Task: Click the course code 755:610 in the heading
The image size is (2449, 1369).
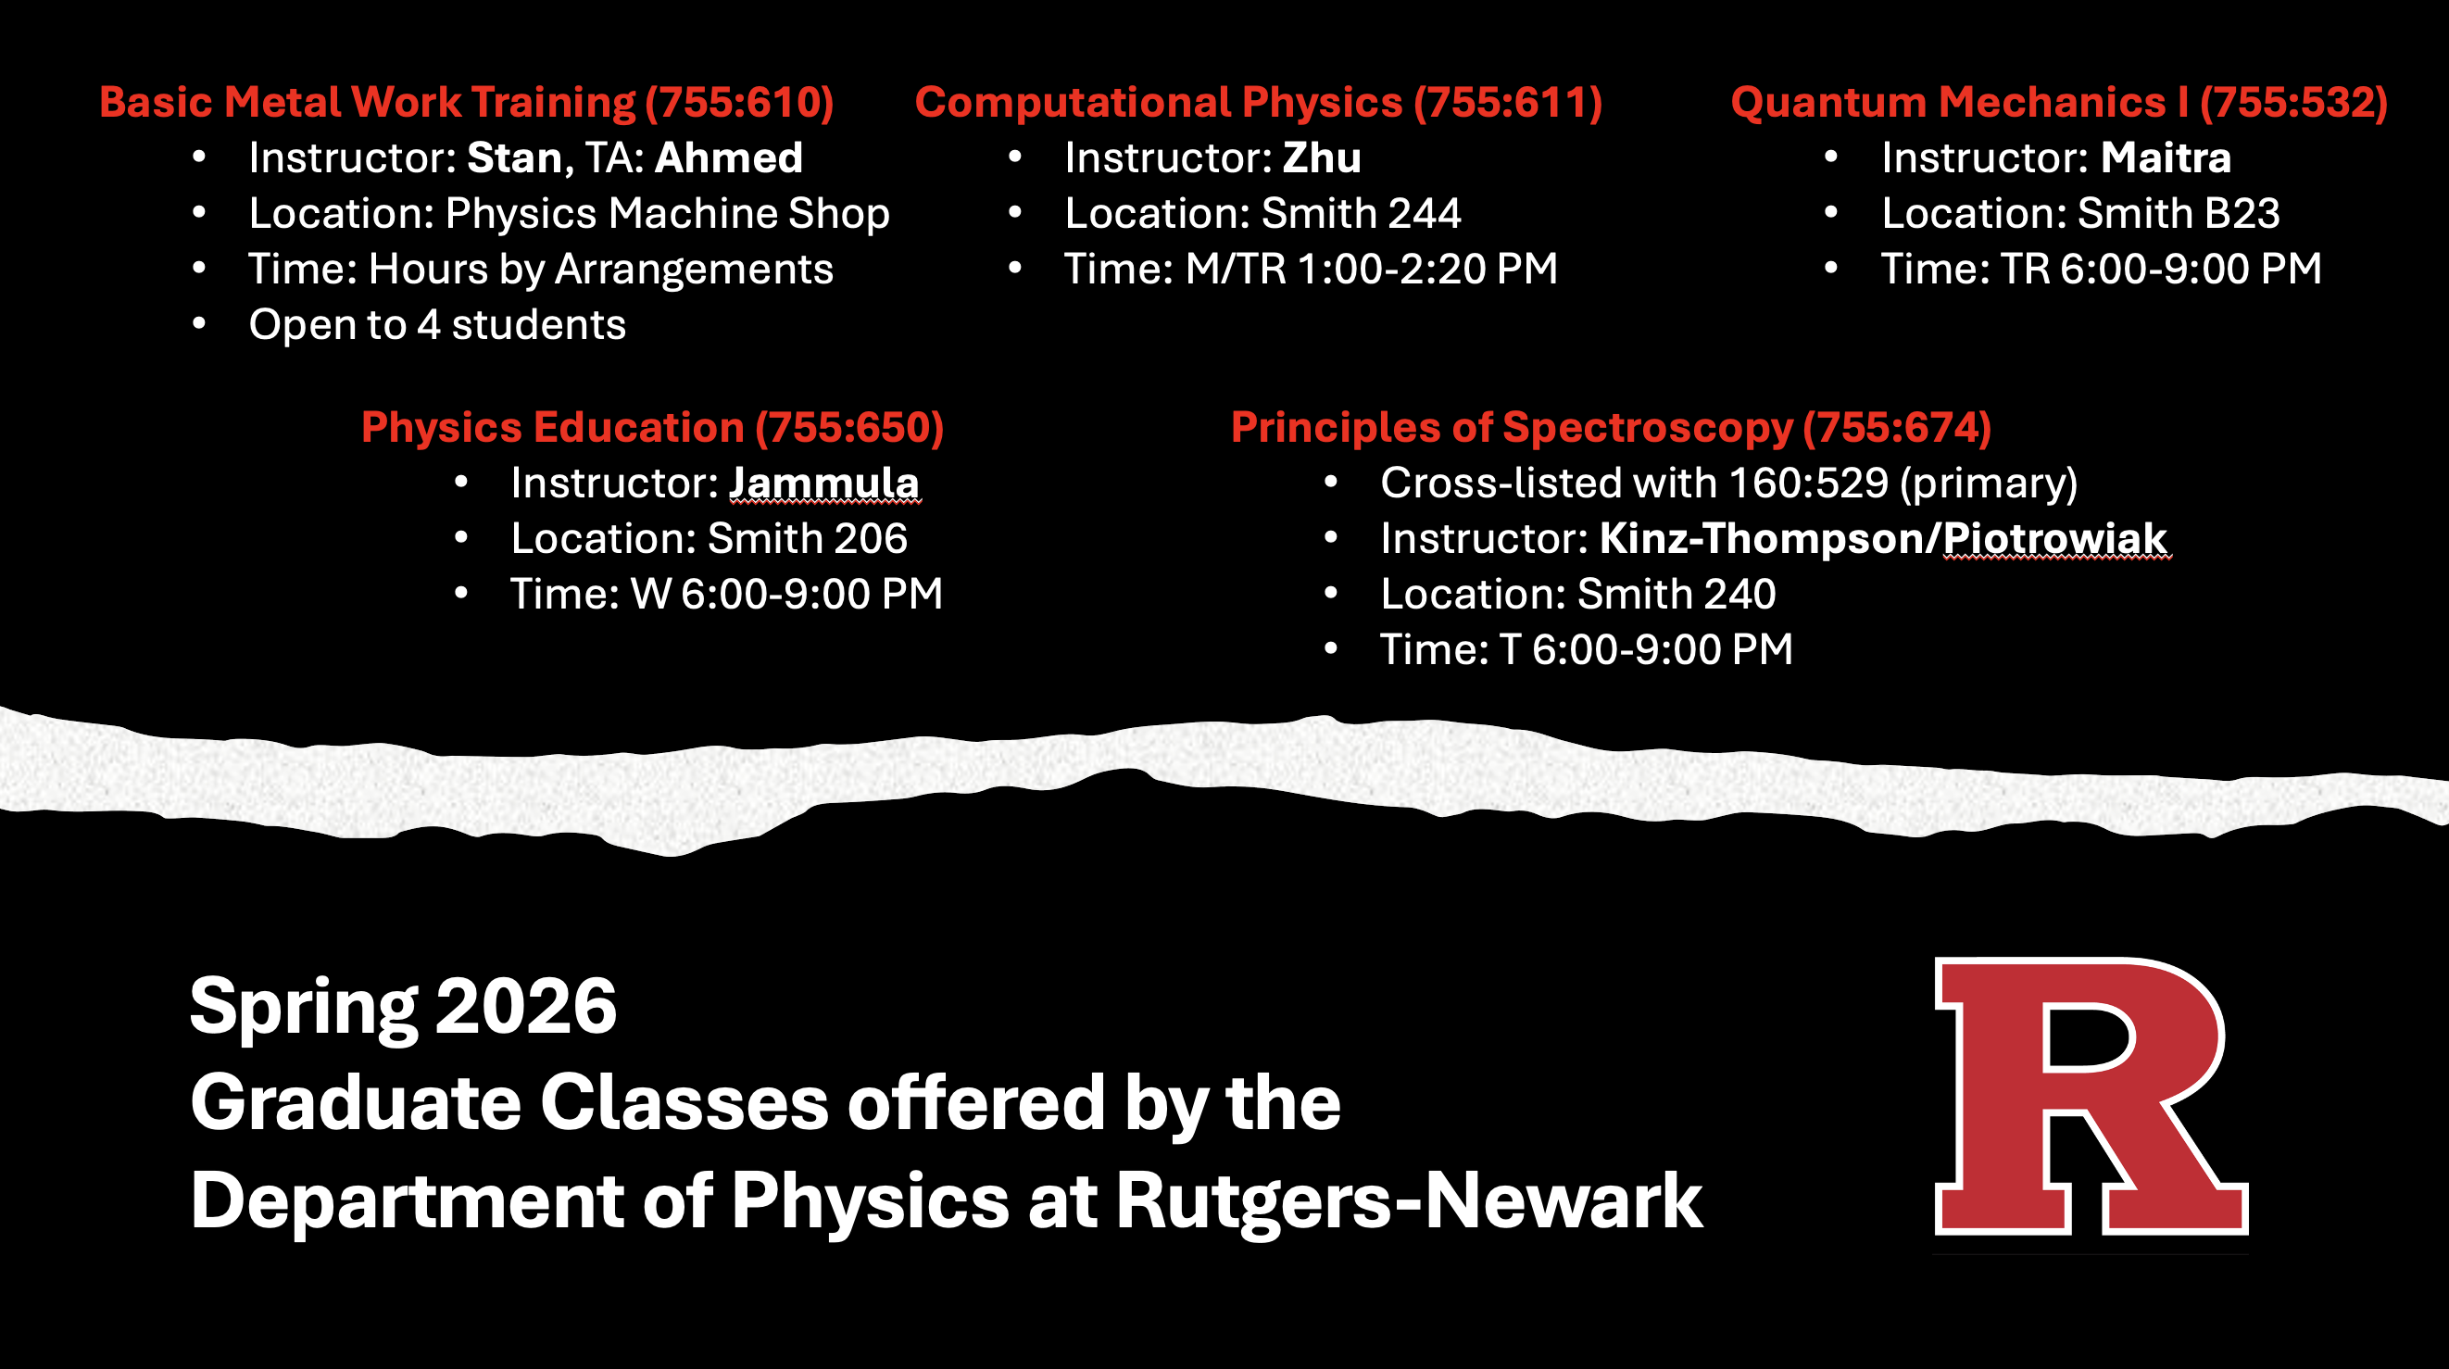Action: (x=739, y=103)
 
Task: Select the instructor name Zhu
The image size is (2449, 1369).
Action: (x=1322, y=157)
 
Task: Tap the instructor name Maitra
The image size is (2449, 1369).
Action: (x=2165, y=157)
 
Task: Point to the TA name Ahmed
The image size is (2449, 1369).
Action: (x=728, y=157)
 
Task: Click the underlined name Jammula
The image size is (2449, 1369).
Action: (x=823, y=483)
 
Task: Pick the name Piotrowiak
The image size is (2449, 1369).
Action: (x=2054, y=539)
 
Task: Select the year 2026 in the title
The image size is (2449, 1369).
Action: (x=526, y=1006)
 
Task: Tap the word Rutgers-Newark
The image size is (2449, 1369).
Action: (x=1408, y=1200)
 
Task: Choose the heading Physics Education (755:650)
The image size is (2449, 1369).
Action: (x=652, y=428)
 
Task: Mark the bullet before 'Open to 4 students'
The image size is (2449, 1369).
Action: (x=199, y=325)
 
